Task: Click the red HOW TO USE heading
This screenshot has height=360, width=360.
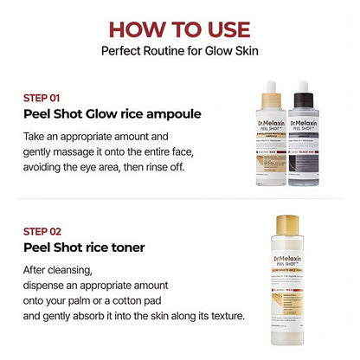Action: click(x=179, y=29)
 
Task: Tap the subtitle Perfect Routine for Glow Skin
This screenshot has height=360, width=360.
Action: click(x=179, y=50)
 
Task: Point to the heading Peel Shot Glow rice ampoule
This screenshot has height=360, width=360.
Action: click(x=106, y=114)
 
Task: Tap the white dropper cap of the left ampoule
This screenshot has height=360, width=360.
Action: click(x=271, y=90)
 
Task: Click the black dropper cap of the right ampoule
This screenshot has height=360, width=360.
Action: click(x=303, y=90)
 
